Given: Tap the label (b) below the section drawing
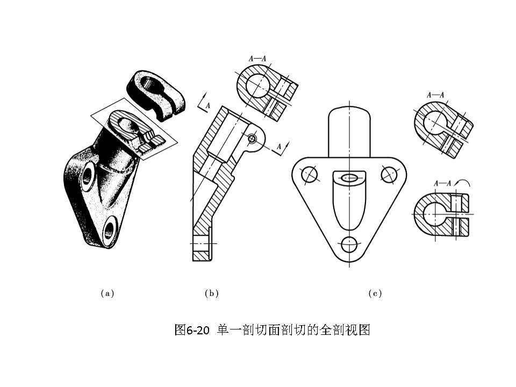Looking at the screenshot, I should [212, 293].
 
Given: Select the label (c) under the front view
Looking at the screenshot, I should [375, 293].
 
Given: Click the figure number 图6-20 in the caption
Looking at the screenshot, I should [191, 329].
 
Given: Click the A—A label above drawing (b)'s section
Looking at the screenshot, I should [257, 59].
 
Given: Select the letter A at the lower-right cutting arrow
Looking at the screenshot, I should [279, 146].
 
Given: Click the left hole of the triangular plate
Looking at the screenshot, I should [309, 174].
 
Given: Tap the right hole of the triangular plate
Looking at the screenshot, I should [388, 174].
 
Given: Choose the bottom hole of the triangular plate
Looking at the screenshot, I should [349, 245].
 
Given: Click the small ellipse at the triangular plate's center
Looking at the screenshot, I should [349, 178].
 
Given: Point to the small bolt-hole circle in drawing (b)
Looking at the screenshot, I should [252, 139].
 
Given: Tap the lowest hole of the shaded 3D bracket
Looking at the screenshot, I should [109, 228].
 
